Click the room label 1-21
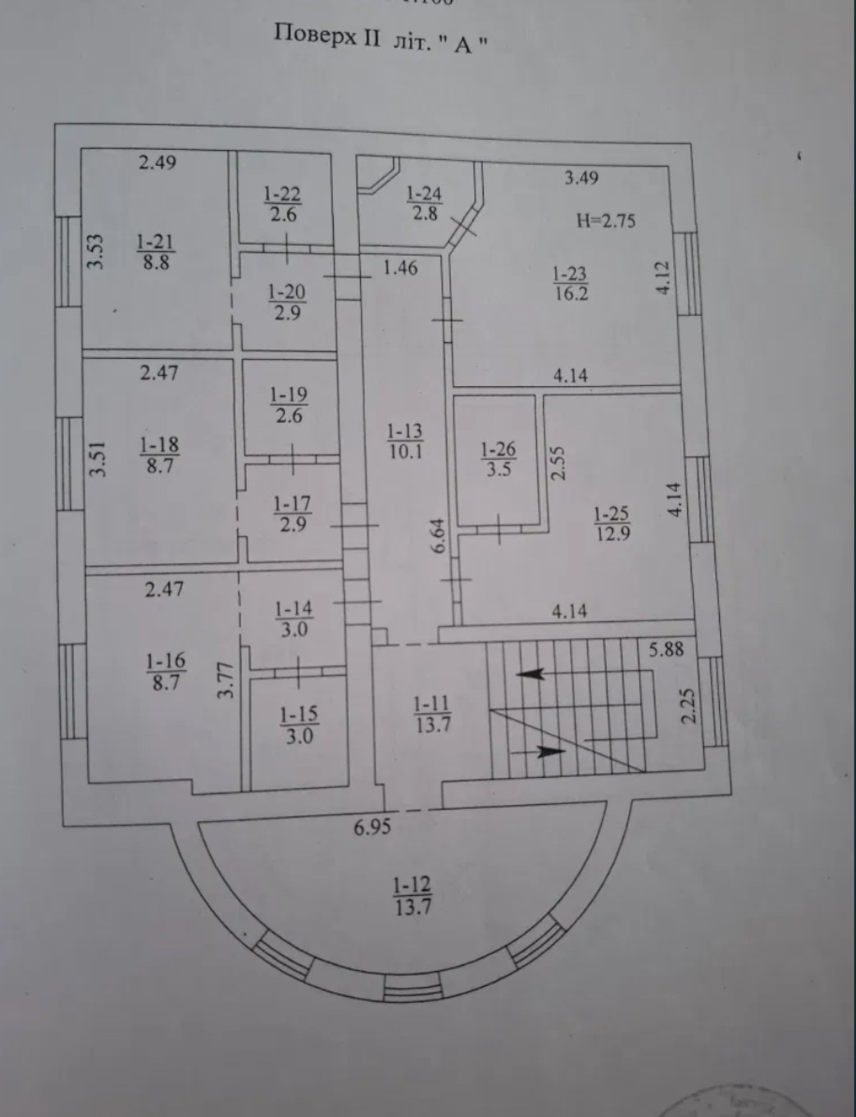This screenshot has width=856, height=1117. point(155,242)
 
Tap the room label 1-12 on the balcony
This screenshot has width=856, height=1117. point(411,887)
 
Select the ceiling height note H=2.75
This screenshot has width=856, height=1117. point(605,221)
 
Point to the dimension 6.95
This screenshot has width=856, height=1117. point(371,828)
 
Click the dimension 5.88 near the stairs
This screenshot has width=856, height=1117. point(665,649)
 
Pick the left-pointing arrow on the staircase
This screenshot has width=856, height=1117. point(530,674)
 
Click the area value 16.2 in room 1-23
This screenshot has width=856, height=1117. point(571,293)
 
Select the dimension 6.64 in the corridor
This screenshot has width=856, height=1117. point(438,536)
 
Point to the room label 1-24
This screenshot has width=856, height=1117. point(424,193)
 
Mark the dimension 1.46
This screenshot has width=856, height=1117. point(400,267)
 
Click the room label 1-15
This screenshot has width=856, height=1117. point(298,714)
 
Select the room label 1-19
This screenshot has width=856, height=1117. point(288,395)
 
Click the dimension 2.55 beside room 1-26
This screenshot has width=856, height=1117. point(558,463)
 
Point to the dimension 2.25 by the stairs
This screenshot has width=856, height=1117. point(688,707)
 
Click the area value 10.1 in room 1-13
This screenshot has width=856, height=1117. point(406,451)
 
